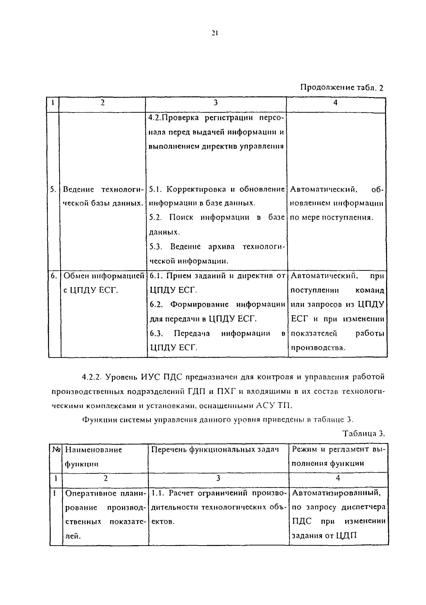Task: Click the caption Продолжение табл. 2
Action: pos(342,88)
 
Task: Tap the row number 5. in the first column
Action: pos(53,189)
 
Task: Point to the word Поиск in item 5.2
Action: pos(181,217)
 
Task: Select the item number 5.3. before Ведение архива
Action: pos(156,247)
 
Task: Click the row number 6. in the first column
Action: pos(54,276)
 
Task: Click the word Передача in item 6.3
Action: pos(192,333)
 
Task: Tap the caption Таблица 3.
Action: pos(364,434)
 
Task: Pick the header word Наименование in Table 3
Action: pos(94,450)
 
